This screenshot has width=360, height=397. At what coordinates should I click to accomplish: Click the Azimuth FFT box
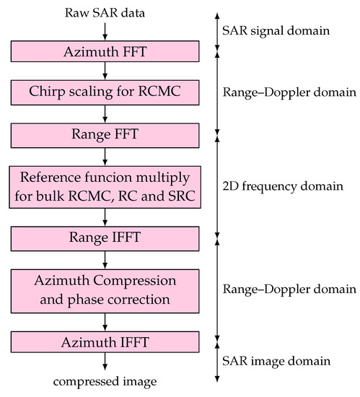105,51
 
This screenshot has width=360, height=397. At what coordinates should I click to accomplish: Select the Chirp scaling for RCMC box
105,92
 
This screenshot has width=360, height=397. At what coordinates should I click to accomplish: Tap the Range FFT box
105,134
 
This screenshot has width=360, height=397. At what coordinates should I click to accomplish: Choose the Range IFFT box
105,237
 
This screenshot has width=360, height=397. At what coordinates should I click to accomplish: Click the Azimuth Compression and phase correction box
105,289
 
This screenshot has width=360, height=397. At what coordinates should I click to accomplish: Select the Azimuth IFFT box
105,341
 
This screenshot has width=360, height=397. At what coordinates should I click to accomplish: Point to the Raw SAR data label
105,12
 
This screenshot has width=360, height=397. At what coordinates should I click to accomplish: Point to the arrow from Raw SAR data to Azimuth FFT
105,30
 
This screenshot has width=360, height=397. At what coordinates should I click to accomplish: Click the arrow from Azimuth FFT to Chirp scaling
105,71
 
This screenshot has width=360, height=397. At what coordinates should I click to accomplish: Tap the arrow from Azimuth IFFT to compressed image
105,361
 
